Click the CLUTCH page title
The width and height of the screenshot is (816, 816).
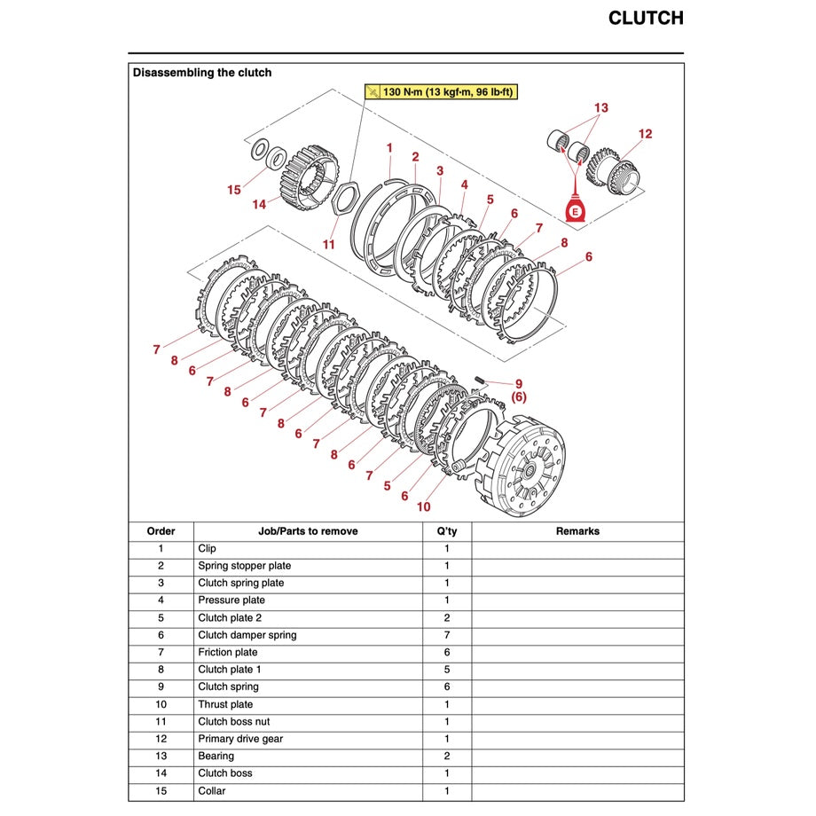click(645, 19)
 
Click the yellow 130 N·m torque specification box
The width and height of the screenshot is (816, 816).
click(440, 91)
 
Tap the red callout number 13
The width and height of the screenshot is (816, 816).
click(601, 108)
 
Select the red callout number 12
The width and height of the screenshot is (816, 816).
click(645, 134)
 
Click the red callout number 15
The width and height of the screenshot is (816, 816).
click(234, 189)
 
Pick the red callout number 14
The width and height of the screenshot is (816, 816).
click(259, 204)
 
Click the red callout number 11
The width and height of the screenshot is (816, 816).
click(329, 244)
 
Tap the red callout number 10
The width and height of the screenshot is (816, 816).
click(424, 507)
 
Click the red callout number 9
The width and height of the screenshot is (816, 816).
click(519, 384)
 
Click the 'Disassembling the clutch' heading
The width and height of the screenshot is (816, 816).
click(202, 73)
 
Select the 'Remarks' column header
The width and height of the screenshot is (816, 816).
click(577, 531)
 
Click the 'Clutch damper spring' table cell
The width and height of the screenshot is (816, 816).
click(247, 635)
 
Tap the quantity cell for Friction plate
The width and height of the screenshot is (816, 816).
click(447, 652)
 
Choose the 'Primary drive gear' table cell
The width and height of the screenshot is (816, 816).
click(240, 739)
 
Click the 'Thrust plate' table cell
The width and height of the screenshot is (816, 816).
click(225, 704)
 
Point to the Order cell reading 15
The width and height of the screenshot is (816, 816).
click(161, 790)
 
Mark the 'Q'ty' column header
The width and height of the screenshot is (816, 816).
click(447, 531)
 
